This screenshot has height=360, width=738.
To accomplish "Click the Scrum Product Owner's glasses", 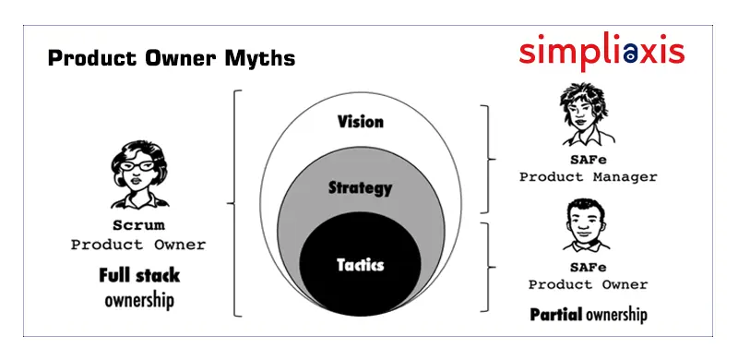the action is point(137,166).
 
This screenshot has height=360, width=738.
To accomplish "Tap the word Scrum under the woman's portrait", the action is point(137,226).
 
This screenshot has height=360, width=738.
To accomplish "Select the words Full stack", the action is point(138,275).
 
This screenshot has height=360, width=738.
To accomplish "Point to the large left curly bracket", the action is point(236,203).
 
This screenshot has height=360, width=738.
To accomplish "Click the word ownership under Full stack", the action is point(138,301).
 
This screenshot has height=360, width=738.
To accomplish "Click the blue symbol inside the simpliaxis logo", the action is point(629,55).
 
